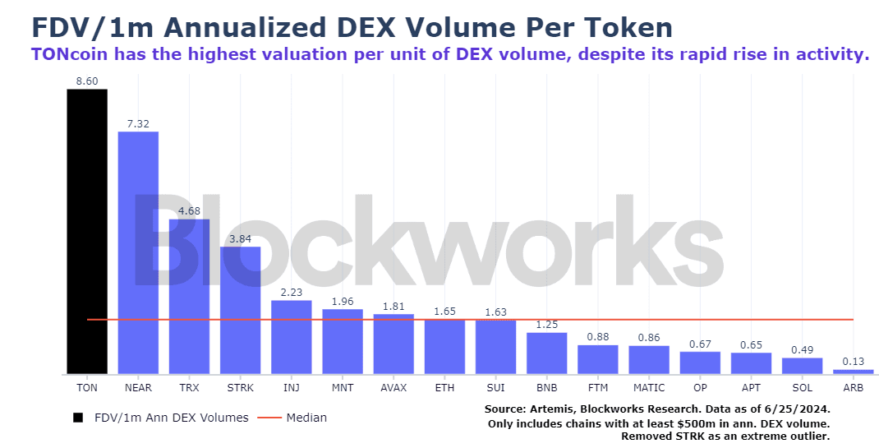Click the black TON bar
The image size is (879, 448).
(87, 231)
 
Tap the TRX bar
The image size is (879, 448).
(189, 296)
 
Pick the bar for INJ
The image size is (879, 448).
(292, 337)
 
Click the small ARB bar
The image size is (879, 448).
(854, 372)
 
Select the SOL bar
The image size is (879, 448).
(802, 366)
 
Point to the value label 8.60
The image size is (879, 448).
(87, 81)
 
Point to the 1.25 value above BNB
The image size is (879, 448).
(547, 325)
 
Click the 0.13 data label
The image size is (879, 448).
(854, 362)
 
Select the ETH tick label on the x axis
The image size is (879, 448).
(444, 386)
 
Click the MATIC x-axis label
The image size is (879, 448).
(649, 386)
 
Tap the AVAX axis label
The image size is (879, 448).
(393, 386)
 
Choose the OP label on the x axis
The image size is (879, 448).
(700, 386)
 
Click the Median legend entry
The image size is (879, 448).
(306, 418)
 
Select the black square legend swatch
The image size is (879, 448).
(78, 418)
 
